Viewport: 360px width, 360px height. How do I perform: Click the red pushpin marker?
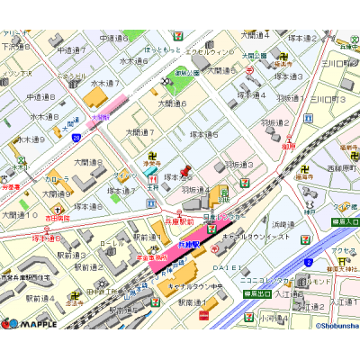185,171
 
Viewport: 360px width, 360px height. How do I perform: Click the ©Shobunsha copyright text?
335,325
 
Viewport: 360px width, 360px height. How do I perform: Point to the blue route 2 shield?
308,262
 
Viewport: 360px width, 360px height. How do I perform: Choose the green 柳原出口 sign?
258,292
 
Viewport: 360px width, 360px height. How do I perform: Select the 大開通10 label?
18,216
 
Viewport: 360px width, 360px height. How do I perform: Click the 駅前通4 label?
40,298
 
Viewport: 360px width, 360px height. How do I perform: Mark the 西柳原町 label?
342,167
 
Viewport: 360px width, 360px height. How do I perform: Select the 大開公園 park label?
255,55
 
